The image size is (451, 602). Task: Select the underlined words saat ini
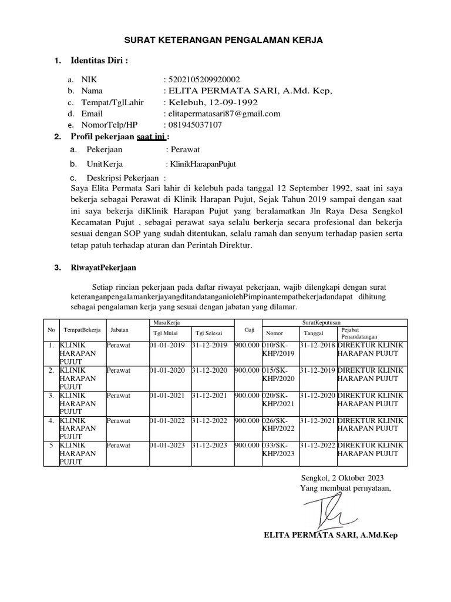(x=151, y=137)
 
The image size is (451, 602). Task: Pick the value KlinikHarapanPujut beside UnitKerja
(x=201, y=164)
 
